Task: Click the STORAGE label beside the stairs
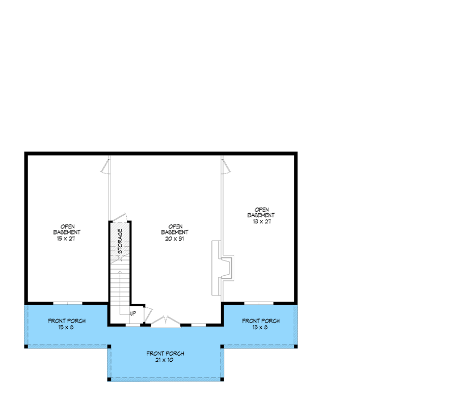tap(120, 241)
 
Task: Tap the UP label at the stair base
tap(133, 313)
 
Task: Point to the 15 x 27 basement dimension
tap(67, 239)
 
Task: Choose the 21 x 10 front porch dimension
tap(165, 360)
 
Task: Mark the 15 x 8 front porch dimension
tap(67, 328)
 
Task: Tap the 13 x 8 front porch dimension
tap(261, 328)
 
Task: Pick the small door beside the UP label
tap(148, 315)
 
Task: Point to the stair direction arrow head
tap(120, 272)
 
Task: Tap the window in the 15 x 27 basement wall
tap(68, 303)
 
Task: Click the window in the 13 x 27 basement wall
tap(259, 303)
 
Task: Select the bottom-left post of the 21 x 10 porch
tap(109, 379)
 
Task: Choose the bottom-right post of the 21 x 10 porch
tap(223, 379)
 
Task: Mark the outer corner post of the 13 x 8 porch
tap(296, 346)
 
